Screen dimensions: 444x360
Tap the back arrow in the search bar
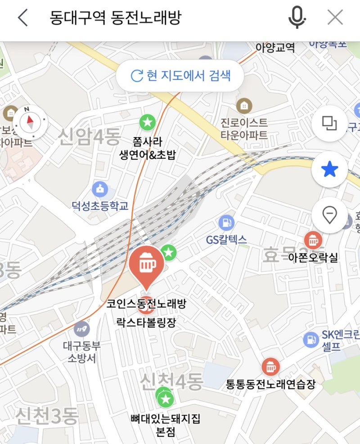pyautogui.click(x=22, y=18)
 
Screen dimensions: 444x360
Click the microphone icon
pyautogui.click(x=297, y=18)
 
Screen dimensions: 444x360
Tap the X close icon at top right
pyautogui.click(x=335, y=18)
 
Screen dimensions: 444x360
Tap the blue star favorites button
pyautogui.click(x=329, y=169)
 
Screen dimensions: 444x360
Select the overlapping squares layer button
pyautogui.click(x=329, y=122)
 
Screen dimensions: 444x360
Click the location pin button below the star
pyautogui.click(x=329, y=216)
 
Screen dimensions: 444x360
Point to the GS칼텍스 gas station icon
pyautogui.click(x=226, y=222)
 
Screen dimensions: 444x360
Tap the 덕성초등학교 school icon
pyautogui.click(x=99, y=189)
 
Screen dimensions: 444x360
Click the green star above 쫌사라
pyautogui.click(x=147, y=122)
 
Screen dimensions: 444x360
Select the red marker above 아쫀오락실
pyautogui.click(x=313, y=240)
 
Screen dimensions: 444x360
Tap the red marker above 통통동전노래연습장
pyautogui.click(x=270, y=367)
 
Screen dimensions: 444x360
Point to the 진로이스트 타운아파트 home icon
pyautogui.click(x=244, y=106)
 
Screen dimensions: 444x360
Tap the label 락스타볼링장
pyautogui.click(x=146, y=322)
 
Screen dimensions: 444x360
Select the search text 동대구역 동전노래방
pyautogui.click(x=116, y=18)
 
